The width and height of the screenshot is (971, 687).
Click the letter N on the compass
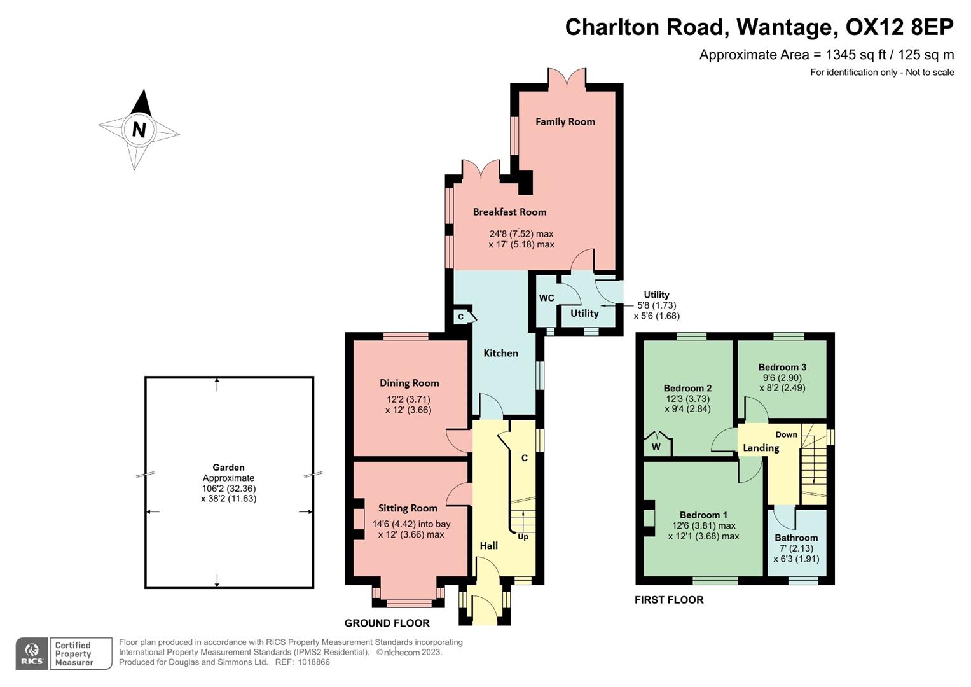(x=139, y=130)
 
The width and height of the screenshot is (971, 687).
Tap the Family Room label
(x=565, y=121)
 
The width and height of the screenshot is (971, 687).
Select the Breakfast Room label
(x=509, y=212)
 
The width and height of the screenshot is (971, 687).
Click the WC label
(x=546, y=298)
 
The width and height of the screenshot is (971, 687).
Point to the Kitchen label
(x=500, y=353)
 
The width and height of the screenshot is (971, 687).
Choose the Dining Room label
(x=409, y=383)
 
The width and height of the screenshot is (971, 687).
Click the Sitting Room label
(x=408, y=508)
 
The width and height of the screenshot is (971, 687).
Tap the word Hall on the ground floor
(x=488, y=546)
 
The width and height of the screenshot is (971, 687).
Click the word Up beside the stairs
(x=523, y=537)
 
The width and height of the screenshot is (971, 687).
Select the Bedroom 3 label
(x=782, y=367)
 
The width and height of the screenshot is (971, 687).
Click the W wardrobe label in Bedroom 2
(x=656, y=447)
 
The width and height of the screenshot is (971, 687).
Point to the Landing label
(x=761, y=448)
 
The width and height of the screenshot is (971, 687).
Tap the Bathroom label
(x=795, y=538)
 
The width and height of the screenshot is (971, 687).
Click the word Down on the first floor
(x=786, y=434)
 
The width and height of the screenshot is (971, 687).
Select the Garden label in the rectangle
(x=228, y=468)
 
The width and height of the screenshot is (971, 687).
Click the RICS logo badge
(x=32, y=653)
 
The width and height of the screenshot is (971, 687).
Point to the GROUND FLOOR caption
(x=387, y=623)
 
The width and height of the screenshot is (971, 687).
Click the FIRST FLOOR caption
(x=668, y=600)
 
